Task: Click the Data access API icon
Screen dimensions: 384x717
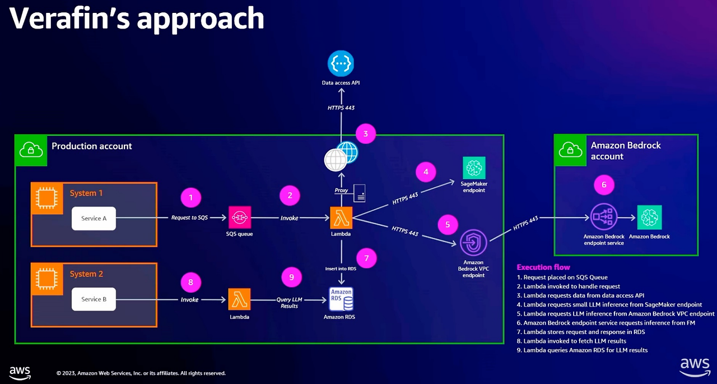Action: pyautogui.click(x=341, y=63)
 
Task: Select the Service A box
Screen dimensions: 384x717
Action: pyautogui.click(x=94, y=218)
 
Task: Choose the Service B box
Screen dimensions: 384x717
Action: pyautogui.click(x=94, y=299)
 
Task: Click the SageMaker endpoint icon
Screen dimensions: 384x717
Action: pyautogui.click(x=474, y=168)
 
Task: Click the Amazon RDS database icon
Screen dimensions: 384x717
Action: pyautogui.click(x=341, y=299)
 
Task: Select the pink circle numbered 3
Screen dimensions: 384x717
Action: pyautogui.click(x=366, y=134)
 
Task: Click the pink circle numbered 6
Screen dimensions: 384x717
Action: pyautogui.click(x=604, y=184)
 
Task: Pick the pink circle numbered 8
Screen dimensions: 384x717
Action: pyautogui.click(x=190, y=282)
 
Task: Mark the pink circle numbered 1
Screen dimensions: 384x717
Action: pyautogui.click(x=191, y=197)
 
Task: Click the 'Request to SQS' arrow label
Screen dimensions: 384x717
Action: pyautogui.click(x=189, y=218)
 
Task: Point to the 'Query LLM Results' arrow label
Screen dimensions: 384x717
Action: pyautogui.click(x=289, y=303)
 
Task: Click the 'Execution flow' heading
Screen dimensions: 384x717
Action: pyautogui.click(x=543, y=267)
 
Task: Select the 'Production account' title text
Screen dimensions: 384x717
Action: pyautogui.click(x=92, y=146)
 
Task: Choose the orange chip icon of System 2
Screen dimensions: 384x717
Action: pyautogui.click(x=46, y=275)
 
